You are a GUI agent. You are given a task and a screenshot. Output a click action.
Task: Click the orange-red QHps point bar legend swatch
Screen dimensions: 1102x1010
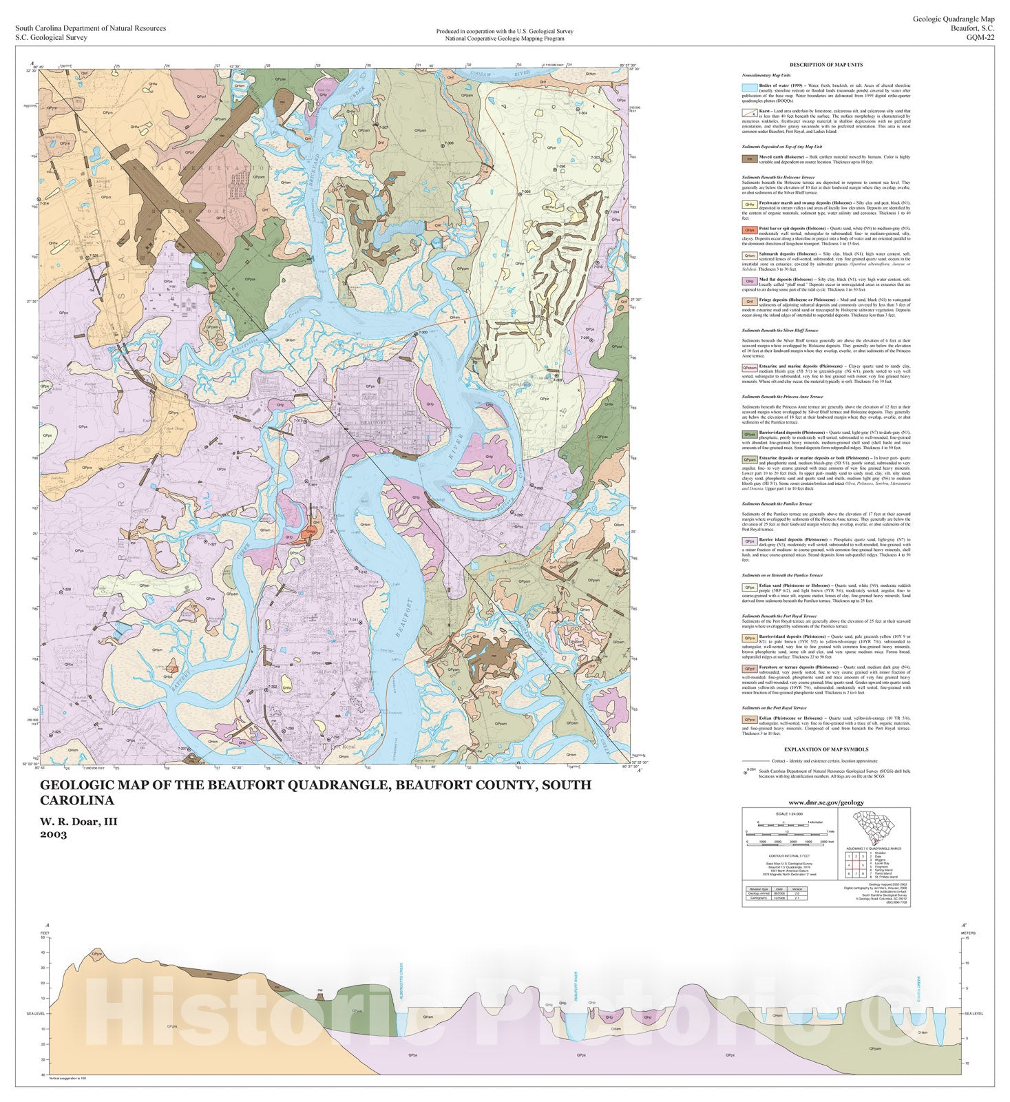[x=749, y=230]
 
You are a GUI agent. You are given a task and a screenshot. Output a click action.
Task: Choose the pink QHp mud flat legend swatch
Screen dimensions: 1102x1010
[x=749, y=281]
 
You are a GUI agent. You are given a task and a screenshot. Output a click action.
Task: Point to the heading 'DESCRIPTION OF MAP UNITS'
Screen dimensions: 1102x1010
[x=826, y=65]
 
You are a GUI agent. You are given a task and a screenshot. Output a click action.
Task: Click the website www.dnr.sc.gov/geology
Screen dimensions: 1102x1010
[x=826, y=802]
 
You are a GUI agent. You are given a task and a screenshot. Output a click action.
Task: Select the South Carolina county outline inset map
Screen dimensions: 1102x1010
[x=874, y=826]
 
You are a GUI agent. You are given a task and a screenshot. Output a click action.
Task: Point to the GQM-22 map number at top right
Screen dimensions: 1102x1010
[x=980, y=38]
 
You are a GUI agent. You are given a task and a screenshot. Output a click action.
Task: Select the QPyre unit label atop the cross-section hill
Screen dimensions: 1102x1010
[x=98, y=955]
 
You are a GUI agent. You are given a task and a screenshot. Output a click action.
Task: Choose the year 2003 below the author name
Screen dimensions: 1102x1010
[x=53, y=835]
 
